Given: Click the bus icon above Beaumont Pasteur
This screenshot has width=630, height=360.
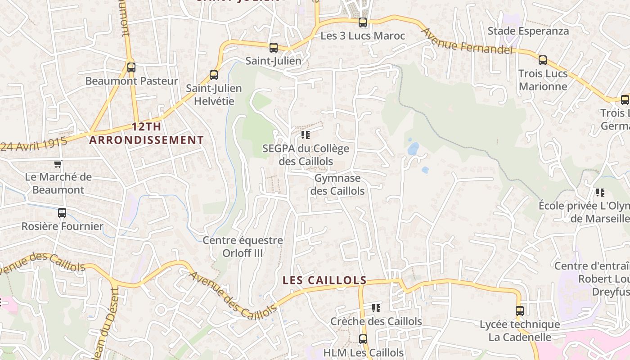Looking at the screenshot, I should [x=131, y=67].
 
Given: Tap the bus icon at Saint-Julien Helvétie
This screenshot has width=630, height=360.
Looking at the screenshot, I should [x=214, y=75].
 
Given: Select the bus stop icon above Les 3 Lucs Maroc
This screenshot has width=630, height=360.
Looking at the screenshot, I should [x=363, y=22].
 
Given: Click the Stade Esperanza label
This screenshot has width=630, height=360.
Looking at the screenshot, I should [x=528, y=31].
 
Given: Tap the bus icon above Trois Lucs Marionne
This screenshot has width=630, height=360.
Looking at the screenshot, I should [x=543, y=60].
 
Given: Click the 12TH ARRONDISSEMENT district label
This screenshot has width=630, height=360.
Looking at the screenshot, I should [x=146, y=133].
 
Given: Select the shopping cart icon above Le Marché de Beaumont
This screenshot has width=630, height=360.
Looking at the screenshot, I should [x=58, y=164].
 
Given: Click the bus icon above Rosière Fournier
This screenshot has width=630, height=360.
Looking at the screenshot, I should [x=62, y=213].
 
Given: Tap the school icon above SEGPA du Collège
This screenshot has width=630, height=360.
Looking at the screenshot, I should [x=306, y=135].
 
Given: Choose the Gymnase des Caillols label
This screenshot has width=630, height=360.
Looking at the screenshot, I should [x=337, y=184].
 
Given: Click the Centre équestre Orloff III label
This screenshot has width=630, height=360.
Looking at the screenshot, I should [x=243, y=247].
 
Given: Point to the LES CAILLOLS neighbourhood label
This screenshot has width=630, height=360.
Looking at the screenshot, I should [x=324, y=280].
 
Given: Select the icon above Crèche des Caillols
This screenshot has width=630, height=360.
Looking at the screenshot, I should [x=376, y=308].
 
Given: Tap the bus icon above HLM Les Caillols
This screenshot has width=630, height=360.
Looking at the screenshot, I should [x=363, y=339].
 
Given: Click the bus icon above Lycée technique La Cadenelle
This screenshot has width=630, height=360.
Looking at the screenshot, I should [x=520, y=310].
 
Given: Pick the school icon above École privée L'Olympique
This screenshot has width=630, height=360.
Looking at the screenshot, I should [x=600, y=193].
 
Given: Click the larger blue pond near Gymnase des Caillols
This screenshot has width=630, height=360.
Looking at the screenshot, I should [x=413, y=148].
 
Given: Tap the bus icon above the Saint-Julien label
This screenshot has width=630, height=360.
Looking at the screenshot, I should [x=273, y=48].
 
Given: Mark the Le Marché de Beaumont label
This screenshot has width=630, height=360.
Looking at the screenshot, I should [x=58, y=183].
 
